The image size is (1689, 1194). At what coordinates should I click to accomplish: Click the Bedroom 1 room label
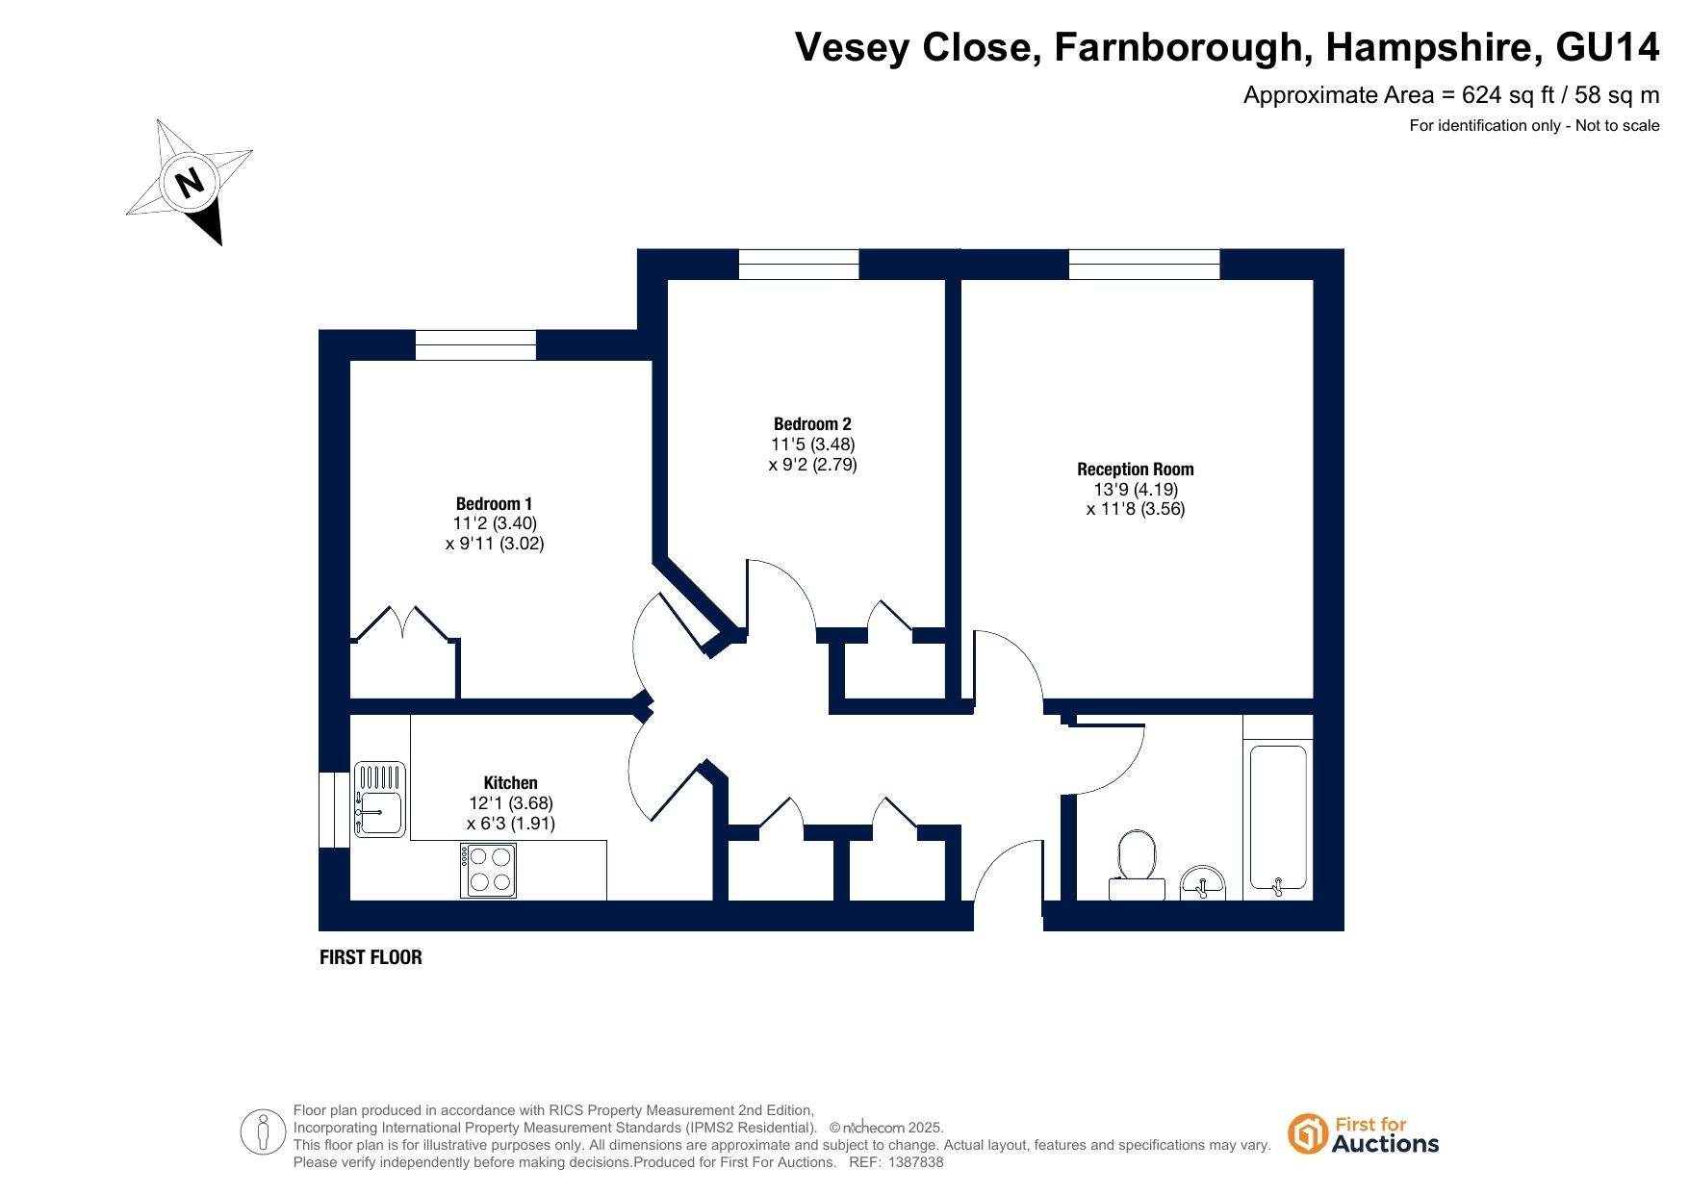pos(494,504)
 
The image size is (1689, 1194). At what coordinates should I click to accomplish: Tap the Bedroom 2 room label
pos(812,424)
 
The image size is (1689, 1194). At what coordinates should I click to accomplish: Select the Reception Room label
pos(1136,470)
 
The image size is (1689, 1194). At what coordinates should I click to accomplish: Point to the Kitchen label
pos(510,783)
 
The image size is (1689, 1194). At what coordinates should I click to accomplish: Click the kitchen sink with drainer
pos(380,800)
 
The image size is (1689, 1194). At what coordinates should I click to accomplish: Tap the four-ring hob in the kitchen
pos(489,870)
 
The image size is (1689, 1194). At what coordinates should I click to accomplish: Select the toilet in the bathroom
pos(1137,863)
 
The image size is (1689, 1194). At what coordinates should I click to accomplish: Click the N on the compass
pos(191,181)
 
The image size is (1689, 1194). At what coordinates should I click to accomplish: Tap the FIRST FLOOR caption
pos(371,957)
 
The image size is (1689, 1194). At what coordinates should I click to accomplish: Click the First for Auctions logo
pos(1364,1135)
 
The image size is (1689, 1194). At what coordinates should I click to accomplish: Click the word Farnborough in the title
pos(1178,48)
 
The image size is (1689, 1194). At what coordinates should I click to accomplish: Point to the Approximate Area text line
pos(1451,95)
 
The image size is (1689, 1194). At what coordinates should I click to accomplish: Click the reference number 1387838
pos(917,1162)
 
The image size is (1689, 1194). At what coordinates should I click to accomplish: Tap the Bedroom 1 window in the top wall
pos(475,345)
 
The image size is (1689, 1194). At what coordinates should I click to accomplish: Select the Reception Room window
pos(1144,265)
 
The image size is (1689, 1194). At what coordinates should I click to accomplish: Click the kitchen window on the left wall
pos(334,810)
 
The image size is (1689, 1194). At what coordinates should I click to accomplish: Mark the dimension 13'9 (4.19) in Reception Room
pos(1136,490)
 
